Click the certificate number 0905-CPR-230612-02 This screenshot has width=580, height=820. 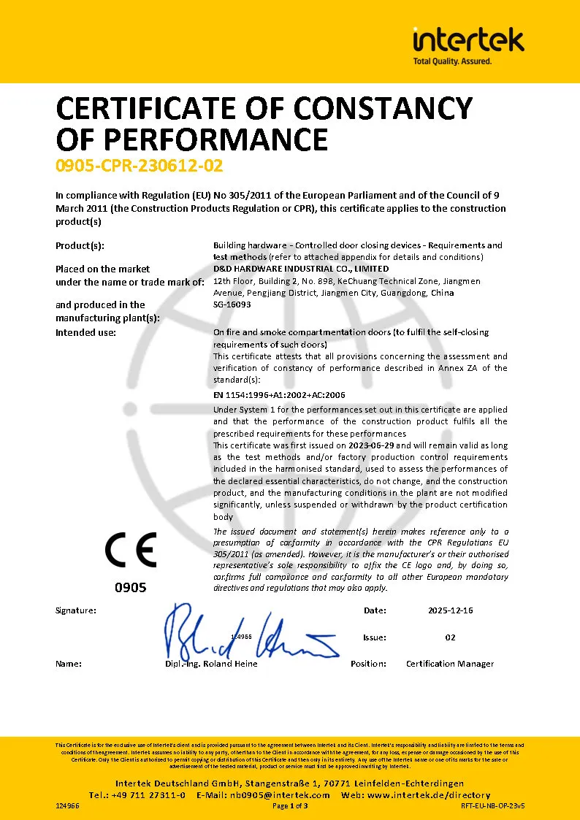(x=139, y=166)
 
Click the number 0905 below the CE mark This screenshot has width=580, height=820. (x=131, y=587)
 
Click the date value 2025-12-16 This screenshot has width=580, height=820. (x=450, y=610)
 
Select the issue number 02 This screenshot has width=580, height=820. (x=450, y=637)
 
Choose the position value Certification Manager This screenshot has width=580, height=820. (x=450, y=664)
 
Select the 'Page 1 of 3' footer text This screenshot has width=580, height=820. (x=290, y=806)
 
